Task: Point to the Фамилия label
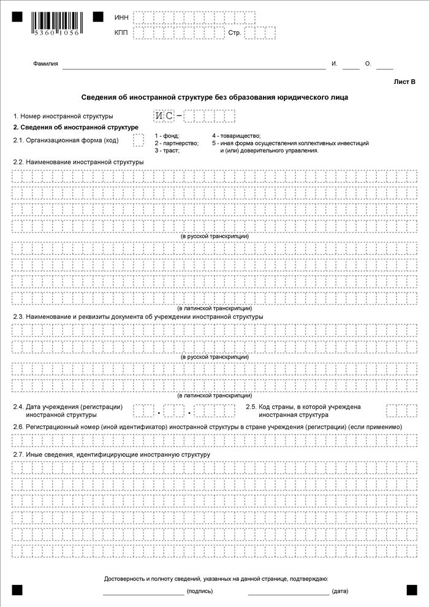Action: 45,64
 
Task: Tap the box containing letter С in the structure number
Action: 169,116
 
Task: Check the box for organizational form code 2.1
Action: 139,140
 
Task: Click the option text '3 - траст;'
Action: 167,150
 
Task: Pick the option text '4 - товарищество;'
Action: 237,136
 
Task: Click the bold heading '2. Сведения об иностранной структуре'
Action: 75,128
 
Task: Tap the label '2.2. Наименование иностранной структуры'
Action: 78,162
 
